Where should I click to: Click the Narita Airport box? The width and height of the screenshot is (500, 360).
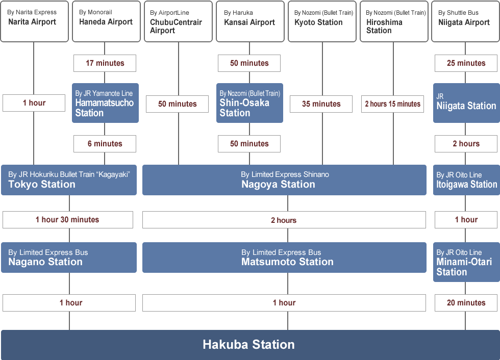[34, 21]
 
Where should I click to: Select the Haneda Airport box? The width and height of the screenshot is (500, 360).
[106, 21]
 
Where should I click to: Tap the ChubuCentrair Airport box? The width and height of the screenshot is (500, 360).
[178, 21]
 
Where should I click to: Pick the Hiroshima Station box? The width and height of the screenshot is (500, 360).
[393, 21]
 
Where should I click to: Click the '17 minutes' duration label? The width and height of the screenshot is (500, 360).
[105, 63]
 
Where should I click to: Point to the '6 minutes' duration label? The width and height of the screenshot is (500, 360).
[105, 144]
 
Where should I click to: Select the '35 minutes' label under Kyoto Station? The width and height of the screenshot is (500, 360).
[321, 104]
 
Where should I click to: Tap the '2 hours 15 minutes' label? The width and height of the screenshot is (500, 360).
[392, 104]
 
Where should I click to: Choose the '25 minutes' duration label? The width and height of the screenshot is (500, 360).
[466, 63]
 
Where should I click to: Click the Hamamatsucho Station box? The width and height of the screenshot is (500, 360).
[105, 103]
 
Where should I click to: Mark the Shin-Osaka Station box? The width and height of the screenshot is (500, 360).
[249, 103]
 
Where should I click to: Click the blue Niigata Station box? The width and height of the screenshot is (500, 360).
[466, 103]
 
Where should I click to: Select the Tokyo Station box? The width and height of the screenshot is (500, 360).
[69, 179]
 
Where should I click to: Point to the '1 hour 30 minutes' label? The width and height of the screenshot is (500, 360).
[68, 220]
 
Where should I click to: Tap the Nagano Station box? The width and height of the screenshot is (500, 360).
[69, 258]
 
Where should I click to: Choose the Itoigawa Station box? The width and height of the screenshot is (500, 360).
[466, 179]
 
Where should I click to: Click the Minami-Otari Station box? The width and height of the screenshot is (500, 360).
[466, 262]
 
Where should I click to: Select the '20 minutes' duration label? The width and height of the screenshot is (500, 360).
[466, 303]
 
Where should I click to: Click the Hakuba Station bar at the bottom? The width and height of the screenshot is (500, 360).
[249, 345]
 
